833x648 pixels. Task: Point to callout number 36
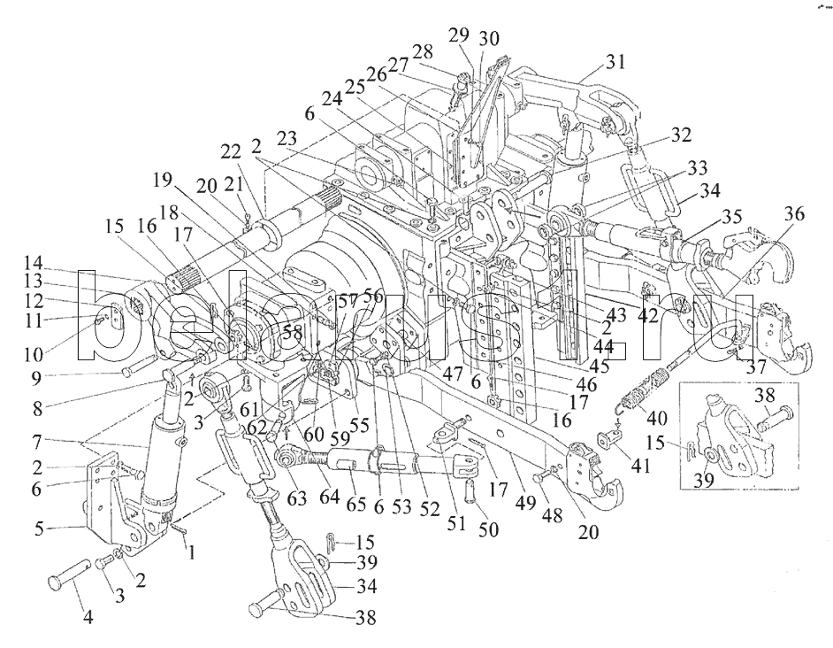793,214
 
